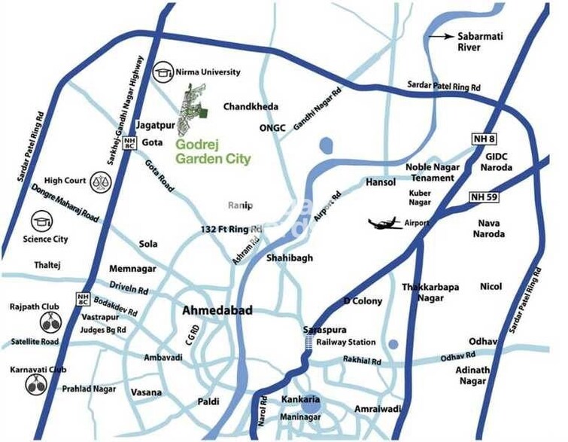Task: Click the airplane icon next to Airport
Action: coord(385,223)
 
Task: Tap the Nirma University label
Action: coord(208,72)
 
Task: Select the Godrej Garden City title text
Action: coord(212,151)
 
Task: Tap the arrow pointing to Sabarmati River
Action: coord(440,35)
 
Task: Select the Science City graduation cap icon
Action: coord(41,221)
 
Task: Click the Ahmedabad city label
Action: coord(217,310)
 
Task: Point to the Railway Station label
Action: coord(345,342)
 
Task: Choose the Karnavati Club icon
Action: coord(35,385)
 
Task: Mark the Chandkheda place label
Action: coord(251,107)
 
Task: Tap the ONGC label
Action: coord(272,128)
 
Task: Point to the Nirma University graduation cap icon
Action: coord(163,73)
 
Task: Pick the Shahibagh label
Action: coord(289,258)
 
